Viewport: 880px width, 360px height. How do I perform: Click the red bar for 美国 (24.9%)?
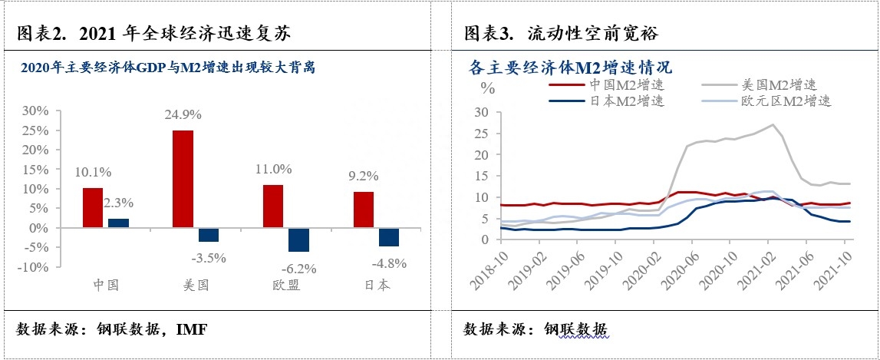(x=183, y=179)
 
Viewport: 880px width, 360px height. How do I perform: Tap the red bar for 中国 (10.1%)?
(x=92, y=208)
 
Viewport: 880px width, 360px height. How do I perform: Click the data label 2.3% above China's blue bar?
(x=118, y=203)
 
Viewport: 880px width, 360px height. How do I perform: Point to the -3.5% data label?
(x=208, y=258)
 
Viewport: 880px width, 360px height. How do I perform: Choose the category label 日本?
(x=375, y=284)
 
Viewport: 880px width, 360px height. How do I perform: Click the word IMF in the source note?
(x=192, y=329)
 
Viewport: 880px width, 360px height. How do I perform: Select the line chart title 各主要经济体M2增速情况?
(x=570, y=67)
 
